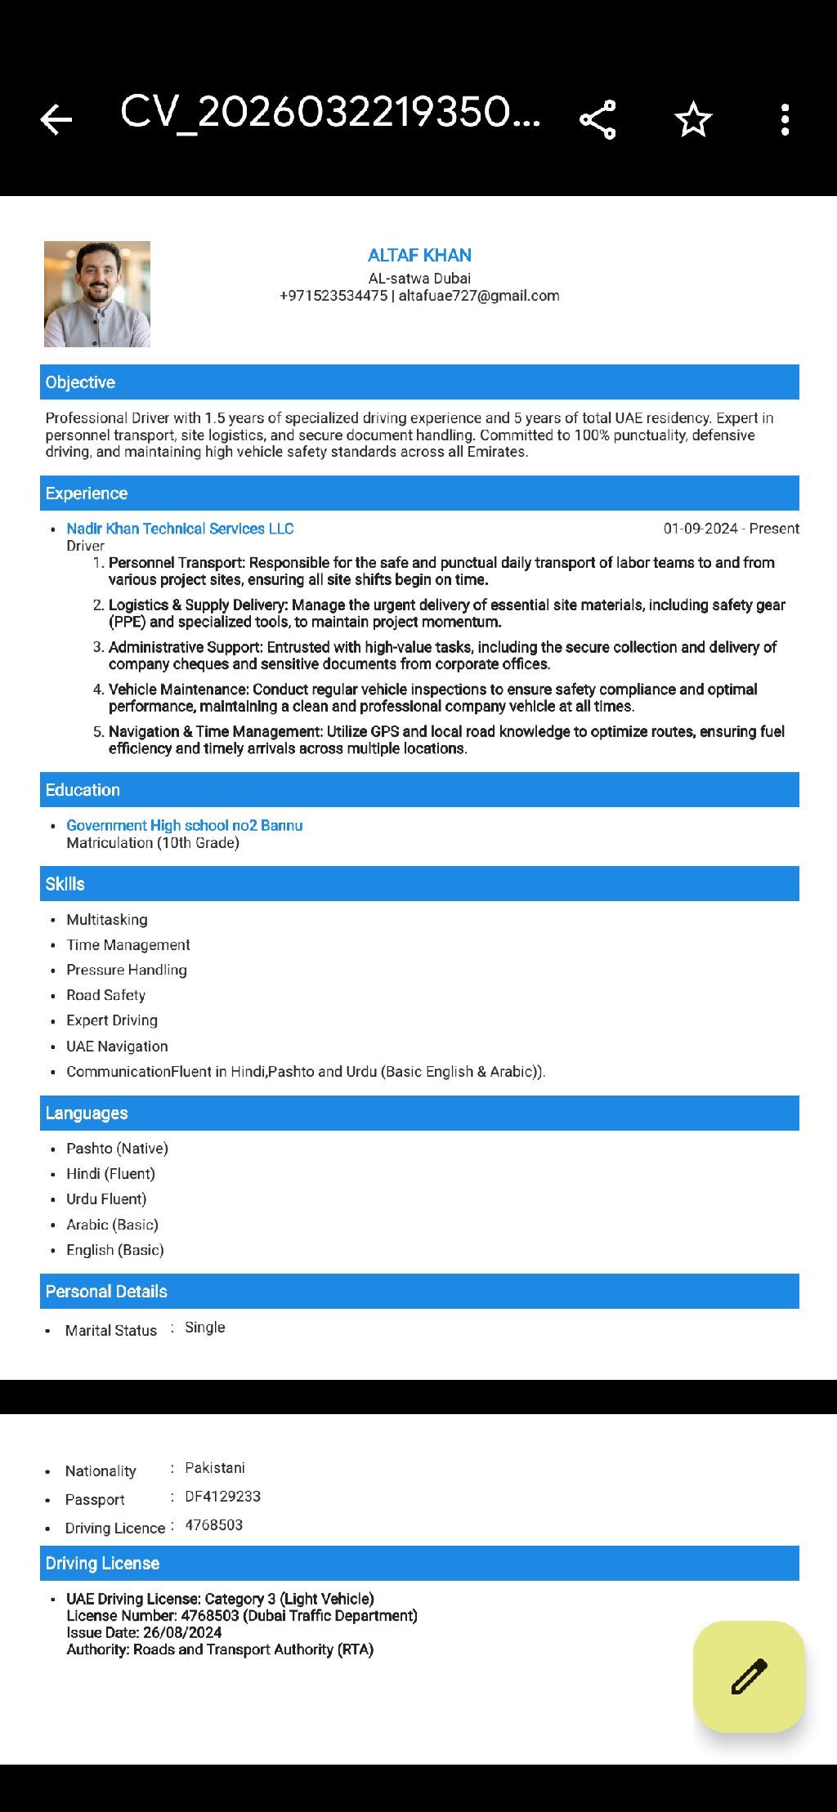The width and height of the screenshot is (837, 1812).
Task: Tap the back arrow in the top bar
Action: [56, 119]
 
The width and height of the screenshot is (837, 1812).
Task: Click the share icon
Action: [598, 119]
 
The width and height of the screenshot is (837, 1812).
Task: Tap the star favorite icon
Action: [693, 119]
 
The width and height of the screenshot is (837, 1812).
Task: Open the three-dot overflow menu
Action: [785, 119]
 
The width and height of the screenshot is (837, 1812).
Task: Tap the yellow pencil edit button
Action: [749, 1676]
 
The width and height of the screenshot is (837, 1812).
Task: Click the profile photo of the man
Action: [97, 294]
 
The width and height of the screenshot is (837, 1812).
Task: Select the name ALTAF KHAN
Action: [419, 255]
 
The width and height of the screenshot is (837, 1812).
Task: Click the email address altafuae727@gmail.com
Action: [479, 296]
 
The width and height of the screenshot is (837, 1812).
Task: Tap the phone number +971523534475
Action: [333, 296]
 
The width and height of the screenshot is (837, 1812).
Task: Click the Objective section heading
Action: [80, 382]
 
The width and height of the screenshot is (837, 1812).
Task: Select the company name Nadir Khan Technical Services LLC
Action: [180, 529]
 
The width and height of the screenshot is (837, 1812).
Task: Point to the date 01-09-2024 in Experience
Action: [700, 529]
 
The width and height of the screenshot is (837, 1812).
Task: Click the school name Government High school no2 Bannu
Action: [185, 825]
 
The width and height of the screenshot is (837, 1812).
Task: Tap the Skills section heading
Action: [65, 884]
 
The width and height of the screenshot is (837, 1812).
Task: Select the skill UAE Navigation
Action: [117, 1047]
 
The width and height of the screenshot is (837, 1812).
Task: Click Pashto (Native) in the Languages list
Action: [117, 1149]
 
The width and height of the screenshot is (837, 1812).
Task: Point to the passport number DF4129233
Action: [222, 1497]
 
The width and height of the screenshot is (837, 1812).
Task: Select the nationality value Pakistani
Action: [215, 1468]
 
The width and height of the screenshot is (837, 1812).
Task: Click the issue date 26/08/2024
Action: [182, 1632]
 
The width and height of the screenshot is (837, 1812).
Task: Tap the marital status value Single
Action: [205, 1328]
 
